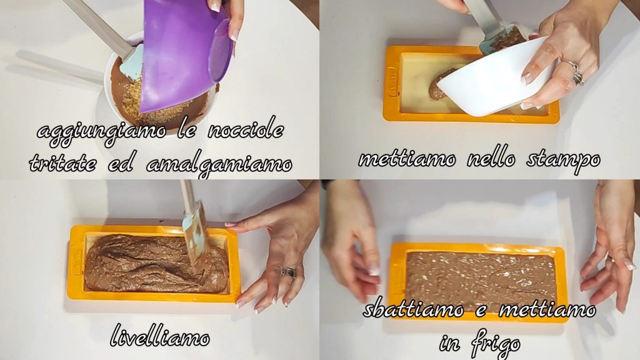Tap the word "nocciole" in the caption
[x=246, y=130]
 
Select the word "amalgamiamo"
[x=219, y=164]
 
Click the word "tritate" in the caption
[x=63, y=163]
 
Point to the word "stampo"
[x=563, y=159]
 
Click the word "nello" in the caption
[x=491, y=158]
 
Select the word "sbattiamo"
[x=414, y=309]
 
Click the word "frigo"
[x=496, y=346]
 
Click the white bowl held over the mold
[x=494, y=79]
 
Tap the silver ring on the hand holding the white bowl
[x=576, y=72]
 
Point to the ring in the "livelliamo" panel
[x=289, y=272]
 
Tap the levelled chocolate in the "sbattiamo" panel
[x=482, y=277]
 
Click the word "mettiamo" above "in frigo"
[x=547, y=309]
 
